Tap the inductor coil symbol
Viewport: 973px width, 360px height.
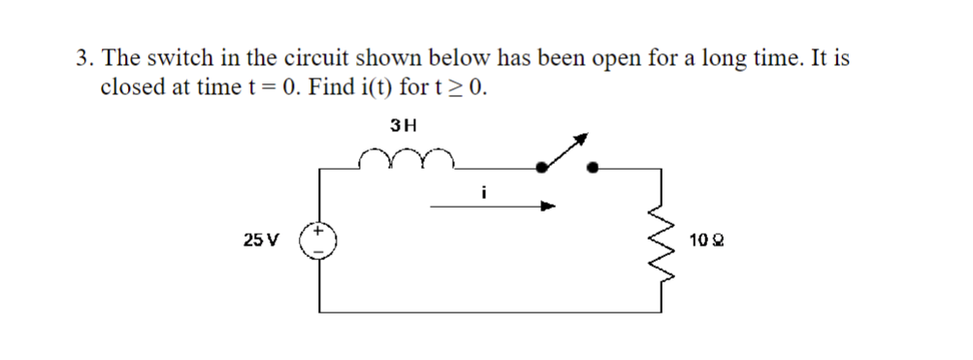point(403,158)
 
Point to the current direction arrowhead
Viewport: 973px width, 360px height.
point(549,206)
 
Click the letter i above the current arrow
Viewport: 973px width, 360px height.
point(482,192)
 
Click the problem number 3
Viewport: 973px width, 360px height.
point(82,58)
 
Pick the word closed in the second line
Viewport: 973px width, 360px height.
point(131,87)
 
